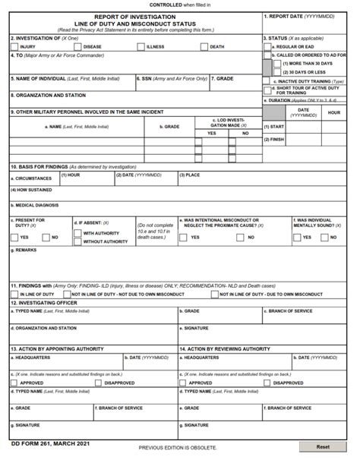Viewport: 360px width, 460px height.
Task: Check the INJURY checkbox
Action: pyautogui.click(x=14, y=46)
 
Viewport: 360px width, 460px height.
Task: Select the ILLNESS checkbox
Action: pyautogui.click(x=141, y=46)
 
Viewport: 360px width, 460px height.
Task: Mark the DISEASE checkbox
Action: pyautogui.click(x=77, y=46)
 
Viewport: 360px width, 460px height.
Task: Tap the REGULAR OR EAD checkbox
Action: pyautogui.click(x=267, y=46)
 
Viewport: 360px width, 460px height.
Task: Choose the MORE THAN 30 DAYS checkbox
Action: pyautogui.click(x=277, y=64)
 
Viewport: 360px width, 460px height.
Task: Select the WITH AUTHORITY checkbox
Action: pyautogui.click(x=77, y=233)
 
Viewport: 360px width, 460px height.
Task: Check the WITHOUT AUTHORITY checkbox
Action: pyautogui.click(x=77, y=241)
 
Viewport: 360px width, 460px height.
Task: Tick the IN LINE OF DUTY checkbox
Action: pyautogui.click(x=14, y=293)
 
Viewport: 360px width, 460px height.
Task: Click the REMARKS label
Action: pyautogui.click(x=26, y=250)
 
